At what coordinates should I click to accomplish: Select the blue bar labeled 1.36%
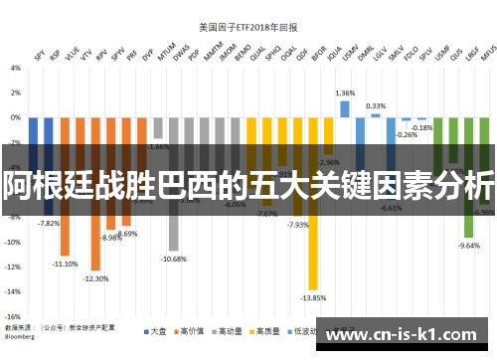(345, 108)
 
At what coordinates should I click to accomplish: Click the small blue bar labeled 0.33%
(376, 115)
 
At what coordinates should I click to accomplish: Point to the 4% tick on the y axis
(16, 68)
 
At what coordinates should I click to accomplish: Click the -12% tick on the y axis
(14, 267)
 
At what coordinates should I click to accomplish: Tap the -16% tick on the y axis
(14, 316)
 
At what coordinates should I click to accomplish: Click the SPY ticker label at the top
(39, 57)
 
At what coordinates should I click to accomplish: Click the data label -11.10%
(66, 264)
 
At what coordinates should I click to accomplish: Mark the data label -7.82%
(48, 223)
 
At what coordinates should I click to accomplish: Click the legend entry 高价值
(191, 330)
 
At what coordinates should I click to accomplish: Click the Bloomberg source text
(25, 335)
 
